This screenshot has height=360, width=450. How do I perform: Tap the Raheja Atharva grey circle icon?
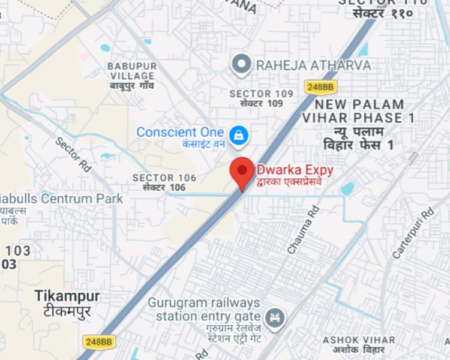pos(241,64)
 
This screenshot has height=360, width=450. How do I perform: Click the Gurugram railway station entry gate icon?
pos(275,316)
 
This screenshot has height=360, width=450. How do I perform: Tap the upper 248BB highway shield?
pos(319,87)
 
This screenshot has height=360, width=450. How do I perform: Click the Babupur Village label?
pos(132,71)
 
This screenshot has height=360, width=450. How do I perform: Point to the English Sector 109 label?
pos(262,94)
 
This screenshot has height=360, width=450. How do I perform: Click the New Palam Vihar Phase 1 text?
pos(358,111)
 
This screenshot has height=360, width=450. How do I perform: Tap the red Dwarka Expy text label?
pos(295,170)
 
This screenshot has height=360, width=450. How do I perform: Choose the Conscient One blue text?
pos(180,132)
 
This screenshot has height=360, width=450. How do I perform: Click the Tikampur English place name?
pos(67,296)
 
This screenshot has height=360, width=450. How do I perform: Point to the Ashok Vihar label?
pos(359,340)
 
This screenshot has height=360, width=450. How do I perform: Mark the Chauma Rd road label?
pos(304,229)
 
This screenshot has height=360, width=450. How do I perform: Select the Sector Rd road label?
pos(73,155)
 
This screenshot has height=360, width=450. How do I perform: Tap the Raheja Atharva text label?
pos(313,65)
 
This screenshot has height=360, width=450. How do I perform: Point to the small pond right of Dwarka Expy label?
pos(347,189)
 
